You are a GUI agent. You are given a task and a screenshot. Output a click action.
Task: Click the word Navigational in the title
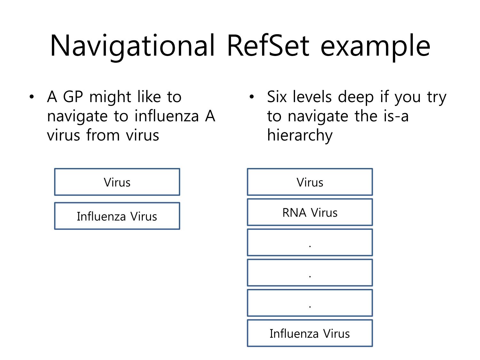tap(132, 47)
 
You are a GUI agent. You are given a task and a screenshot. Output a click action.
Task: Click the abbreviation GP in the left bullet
tap(73, 96)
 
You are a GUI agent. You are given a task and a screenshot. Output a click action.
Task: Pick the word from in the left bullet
tap(103, 135)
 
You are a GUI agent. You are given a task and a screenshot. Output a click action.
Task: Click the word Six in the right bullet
tap(277, 96)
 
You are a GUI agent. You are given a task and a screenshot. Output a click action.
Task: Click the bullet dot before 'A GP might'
tap(32, 97)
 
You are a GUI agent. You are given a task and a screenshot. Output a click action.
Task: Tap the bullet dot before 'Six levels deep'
tap(252, 97)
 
